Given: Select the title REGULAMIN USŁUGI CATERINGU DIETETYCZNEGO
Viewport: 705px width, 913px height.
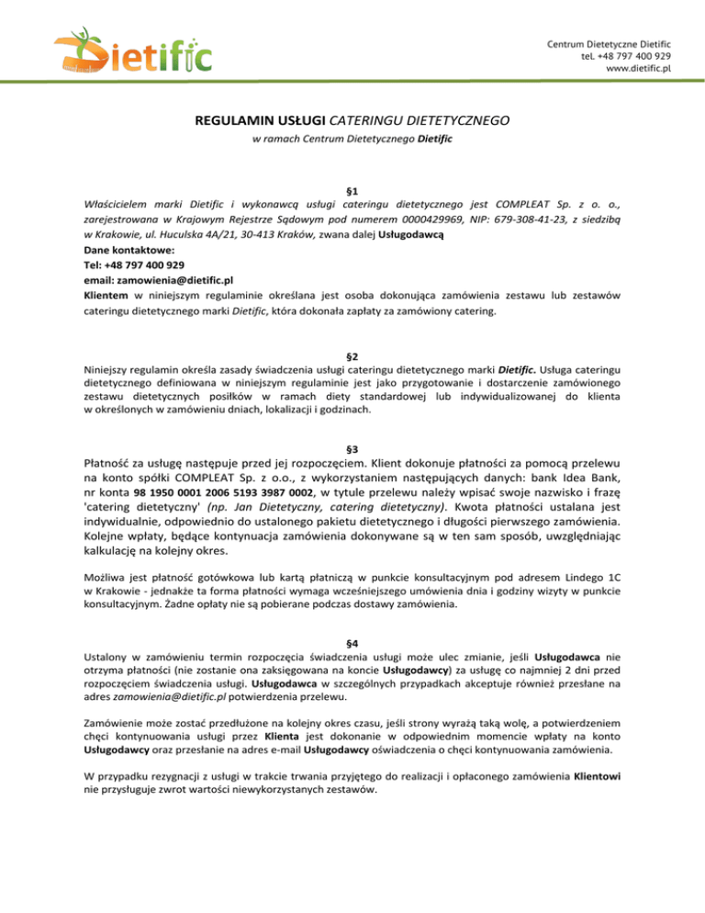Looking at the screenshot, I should point(352,119).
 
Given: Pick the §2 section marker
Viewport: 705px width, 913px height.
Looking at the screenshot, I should point(352,355).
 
